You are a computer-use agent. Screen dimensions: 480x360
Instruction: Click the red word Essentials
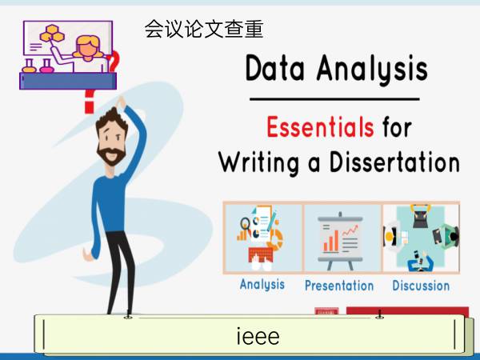320,127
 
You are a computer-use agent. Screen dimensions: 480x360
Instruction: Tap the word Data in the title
275,68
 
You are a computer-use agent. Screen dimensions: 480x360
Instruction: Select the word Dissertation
394,162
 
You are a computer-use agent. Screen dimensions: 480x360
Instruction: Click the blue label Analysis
262,284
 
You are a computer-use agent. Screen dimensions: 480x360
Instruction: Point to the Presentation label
339,286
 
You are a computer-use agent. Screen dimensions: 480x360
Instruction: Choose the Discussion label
421,286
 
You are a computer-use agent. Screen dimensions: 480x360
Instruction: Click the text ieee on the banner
258,336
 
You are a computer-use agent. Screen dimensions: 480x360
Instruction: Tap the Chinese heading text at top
204,29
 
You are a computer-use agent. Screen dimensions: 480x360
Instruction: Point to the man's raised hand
121,102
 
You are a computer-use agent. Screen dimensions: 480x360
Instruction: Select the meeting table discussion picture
422,238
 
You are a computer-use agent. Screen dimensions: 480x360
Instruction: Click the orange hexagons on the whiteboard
52,34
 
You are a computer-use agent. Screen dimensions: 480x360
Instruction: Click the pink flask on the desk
46,66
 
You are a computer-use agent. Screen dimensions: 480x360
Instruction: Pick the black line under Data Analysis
334,99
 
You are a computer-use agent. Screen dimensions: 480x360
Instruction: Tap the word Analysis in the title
372,69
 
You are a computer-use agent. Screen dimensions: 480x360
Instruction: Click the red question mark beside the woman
113,62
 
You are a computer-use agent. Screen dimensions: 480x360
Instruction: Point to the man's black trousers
120,273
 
